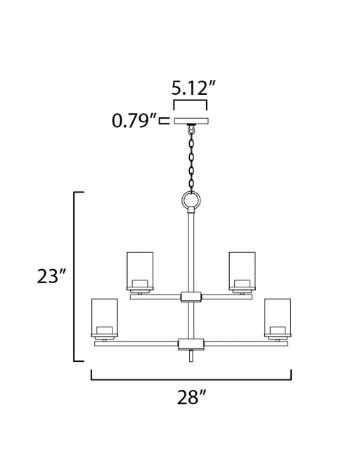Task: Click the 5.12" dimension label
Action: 193,88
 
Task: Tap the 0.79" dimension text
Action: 134,120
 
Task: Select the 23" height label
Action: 51,276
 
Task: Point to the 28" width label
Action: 191,397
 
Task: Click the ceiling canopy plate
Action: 191,121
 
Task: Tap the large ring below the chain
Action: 191,200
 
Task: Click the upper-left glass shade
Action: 140,271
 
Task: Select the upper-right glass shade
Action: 242,271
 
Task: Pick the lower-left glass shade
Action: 104,318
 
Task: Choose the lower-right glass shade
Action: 278,318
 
